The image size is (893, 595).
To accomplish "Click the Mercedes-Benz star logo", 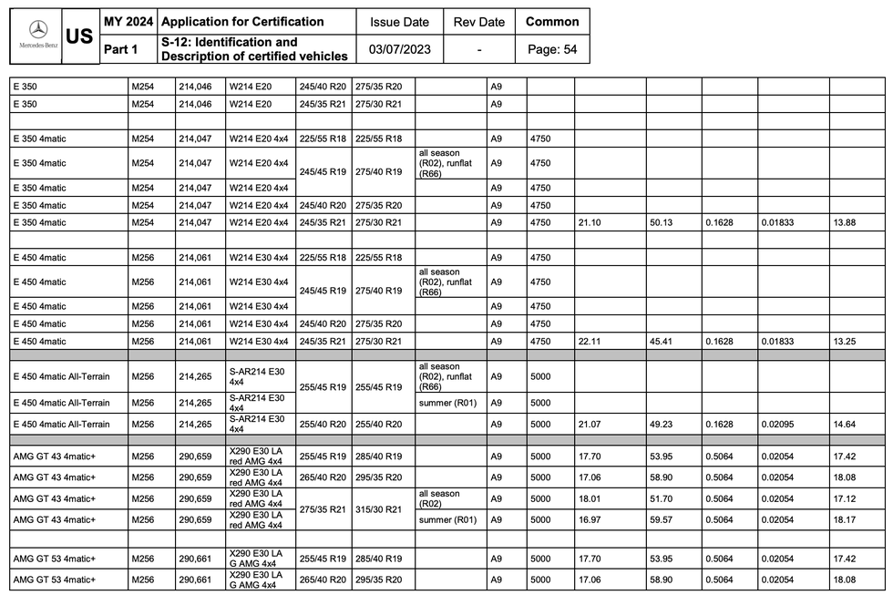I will [x=37, y=29].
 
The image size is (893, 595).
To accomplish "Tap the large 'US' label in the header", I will [x=80, y=36].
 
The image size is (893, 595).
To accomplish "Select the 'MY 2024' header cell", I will [x=128, y=22].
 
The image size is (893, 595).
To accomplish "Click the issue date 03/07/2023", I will [x=400, y=49].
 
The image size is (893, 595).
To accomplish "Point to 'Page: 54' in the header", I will [x=552, y=49].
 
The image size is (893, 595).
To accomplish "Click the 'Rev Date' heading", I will [x=478, y=22].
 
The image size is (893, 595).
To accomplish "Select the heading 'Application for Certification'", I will [x=242, y=22].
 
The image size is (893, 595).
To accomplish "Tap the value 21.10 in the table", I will [x=589, y=222].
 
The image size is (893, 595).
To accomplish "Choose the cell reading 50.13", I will [x=661, y=222].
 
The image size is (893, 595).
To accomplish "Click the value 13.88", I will [x=844, y=222].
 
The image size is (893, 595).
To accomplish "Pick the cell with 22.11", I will [x=589, y=341].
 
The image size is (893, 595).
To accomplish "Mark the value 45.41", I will [x=661, y=341].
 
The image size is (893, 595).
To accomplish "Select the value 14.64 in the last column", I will [x=844, y=424].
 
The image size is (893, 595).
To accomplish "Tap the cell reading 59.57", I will [x=661, y=520].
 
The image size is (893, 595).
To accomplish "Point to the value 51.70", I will [x=661, y=499].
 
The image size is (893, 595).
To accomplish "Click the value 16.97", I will [x=589, y=520].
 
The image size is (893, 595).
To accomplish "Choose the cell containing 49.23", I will [x=661, y=424].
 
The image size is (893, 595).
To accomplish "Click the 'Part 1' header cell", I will [x=119, y=49].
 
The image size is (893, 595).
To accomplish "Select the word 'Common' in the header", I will [x=552, y=22].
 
